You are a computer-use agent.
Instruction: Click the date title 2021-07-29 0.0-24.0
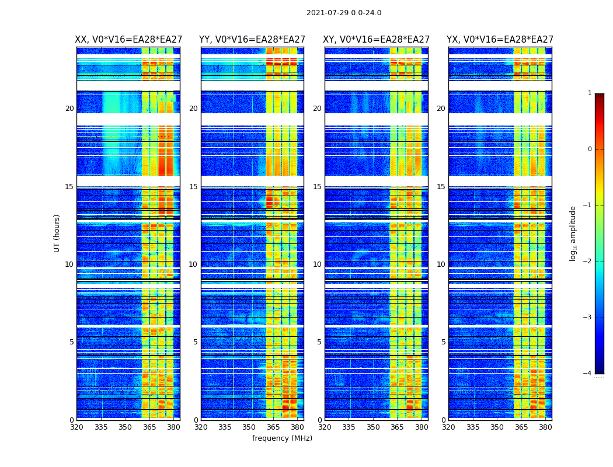coord(344,13)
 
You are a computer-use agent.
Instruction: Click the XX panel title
coord(128,40)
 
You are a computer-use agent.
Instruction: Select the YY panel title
coord(252,40)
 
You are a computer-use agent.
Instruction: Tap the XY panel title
coord(377,40)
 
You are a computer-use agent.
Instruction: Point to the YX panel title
coord(500,40)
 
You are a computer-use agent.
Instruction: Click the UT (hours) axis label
coord(57,233)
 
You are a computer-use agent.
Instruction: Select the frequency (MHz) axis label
coord(282,438)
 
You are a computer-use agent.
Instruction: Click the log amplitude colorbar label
coord(573,233)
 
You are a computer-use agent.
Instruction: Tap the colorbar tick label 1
coord(590,93)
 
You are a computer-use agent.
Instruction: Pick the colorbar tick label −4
coord(588,374)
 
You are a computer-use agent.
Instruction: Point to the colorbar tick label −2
coord(588,262)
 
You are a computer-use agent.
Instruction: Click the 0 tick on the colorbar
coord(590,149)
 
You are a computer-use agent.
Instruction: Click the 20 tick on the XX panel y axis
coord(69,109)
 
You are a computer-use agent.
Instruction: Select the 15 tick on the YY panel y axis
coord(193,187)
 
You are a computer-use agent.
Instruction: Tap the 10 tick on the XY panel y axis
coord(317,264)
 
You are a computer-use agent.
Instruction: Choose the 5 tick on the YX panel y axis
coord(443,342)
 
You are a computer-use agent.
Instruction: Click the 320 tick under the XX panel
coord(76,427)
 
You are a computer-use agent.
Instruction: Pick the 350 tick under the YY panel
coord(249,427)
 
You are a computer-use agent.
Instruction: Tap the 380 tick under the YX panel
coord(545,427)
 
